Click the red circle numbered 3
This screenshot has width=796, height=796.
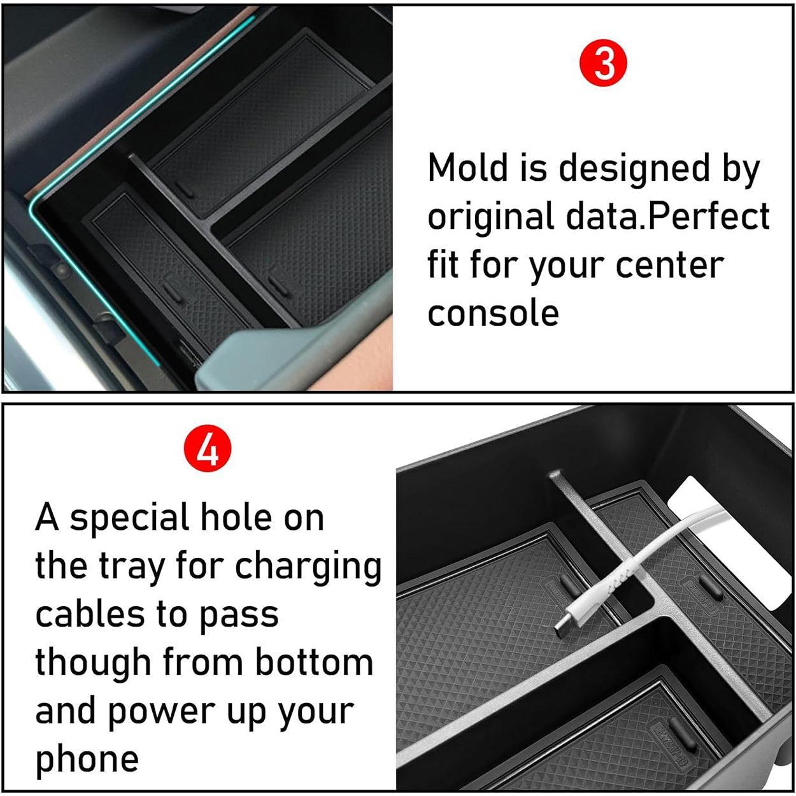(x=604, y=64)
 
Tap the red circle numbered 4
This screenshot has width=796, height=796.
(x=207, y=451)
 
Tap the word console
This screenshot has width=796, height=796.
(x=493, y=313)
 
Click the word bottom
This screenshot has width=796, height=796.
(x=314, y=663)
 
